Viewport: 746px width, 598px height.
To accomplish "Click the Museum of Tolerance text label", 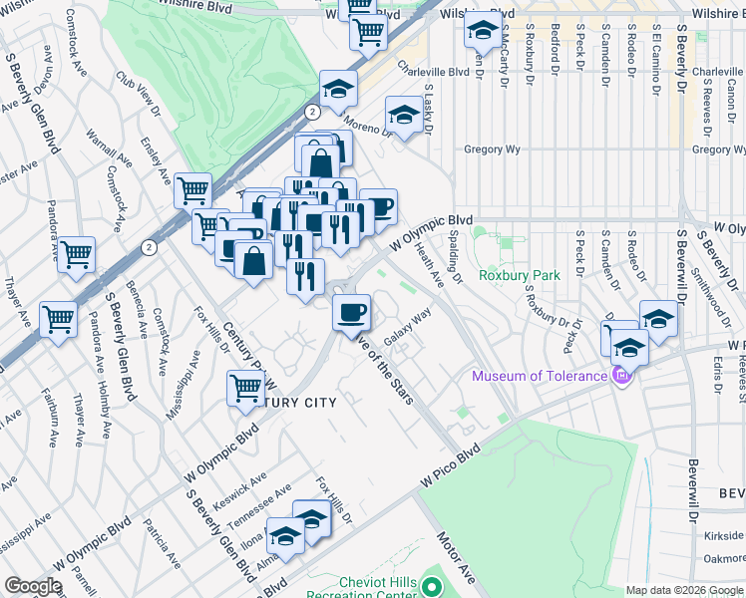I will click(540, 376).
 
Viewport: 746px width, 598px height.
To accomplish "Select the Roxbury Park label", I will click(519, 275).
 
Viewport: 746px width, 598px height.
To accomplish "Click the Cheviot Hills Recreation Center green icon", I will click(432, 587).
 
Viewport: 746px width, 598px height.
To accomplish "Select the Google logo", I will click(33, 586).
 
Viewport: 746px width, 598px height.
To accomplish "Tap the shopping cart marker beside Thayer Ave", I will click(59, 320).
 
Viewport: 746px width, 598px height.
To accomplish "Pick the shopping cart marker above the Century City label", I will click(245, 388).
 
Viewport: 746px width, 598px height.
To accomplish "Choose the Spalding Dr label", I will click(455, 258).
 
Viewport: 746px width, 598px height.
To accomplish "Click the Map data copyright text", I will click(685, 590).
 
